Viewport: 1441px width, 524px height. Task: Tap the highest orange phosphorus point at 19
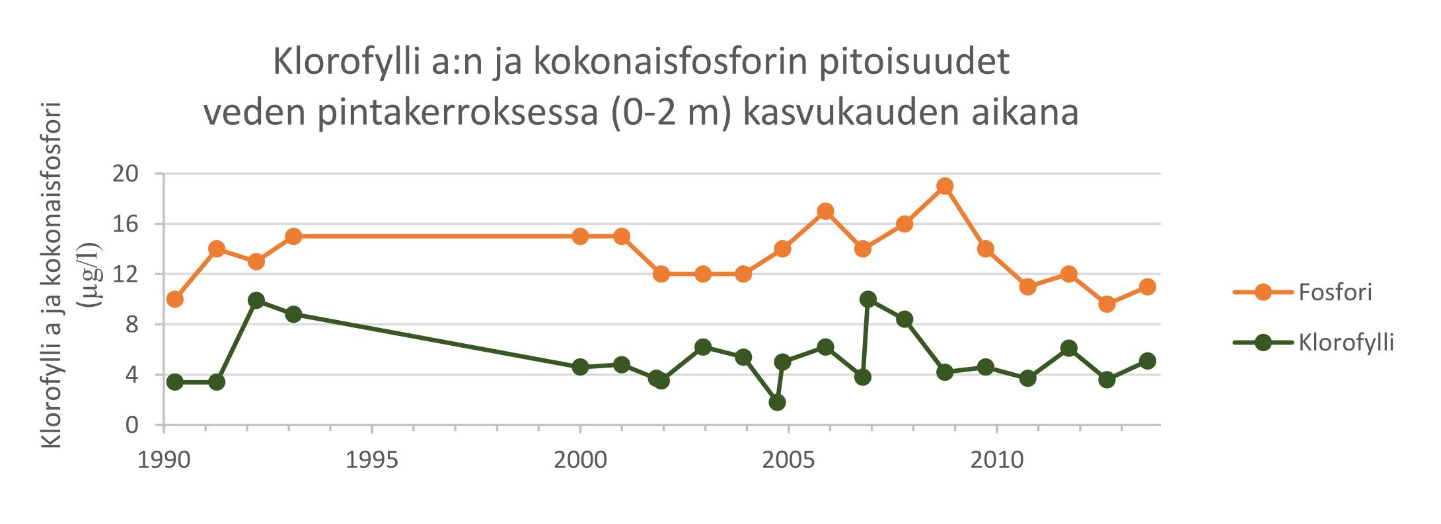[945, 186]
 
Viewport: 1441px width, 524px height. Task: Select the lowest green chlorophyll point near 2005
[777, 403]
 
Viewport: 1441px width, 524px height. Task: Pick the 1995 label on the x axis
[372, 460]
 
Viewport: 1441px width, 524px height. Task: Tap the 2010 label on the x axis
[996, 460]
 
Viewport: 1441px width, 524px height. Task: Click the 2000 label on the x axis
[580, 460]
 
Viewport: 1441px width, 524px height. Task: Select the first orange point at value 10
[175, 300]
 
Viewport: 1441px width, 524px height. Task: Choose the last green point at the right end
[1148, 361]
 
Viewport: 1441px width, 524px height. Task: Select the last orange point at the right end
[1148, 287]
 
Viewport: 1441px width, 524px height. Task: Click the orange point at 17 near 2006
[825, 211]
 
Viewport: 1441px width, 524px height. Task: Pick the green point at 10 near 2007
[868, 300]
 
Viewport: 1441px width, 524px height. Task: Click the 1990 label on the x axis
[163, 460]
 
